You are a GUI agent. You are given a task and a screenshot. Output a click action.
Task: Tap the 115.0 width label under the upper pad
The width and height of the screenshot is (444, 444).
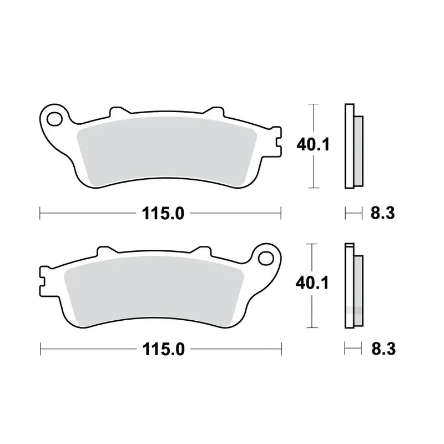163,213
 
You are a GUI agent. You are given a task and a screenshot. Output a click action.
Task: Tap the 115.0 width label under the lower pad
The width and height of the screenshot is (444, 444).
163,349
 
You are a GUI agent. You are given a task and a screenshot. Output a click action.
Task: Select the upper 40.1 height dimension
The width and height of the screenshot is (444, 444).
313,145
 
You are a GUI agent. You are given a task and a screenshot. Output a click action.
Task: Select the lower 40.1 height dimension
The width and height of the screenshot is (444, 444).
312,283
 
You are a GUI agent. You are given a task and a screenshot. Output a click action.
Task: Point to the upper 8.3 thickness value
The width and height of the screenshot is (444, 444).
382,213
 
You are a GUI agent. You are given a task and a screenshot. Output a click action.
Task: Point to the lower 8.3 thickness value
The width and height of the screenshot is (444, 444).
384,349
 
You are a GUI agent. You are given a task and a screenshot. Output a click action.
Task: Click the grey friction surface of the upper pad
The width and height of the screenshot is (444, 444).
167,152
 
